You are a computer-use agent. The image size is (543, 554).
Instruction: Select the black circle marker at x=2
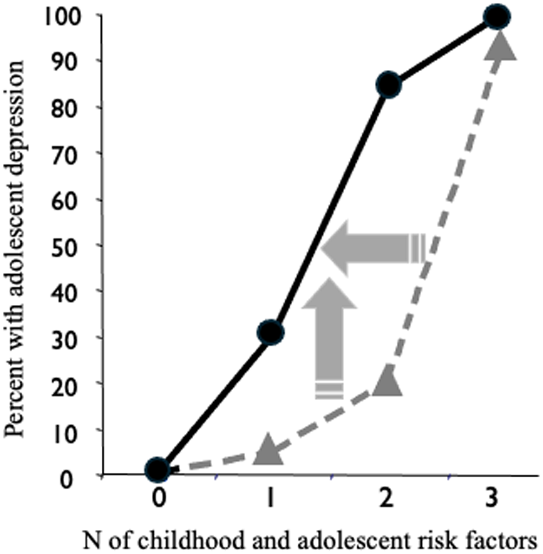coord(389,85)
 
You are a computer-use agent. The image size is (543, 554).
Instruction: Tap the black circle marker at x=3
coord(497,17)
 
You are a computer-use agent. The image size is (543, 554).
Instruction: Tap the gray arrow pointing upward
coord(329,338)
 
